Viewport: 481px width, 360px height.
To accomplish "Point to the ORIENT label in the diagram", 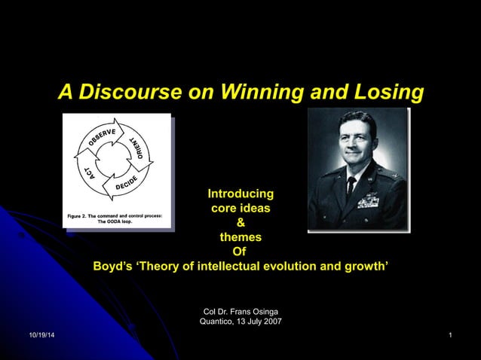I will coord(138,148).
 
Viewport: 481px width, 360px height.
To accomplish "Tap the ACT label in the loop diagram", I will coord(89,172).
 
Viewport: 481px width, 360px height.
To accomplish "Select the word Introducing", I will coord(240,194).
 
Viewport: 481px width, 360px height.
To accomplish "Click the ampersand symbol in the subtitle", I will coord(240,223).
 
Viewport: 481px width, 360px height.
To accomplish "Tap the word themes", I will coord(240,237).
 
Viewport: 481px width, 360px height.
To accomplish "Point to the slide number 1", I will coord(449,334).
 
